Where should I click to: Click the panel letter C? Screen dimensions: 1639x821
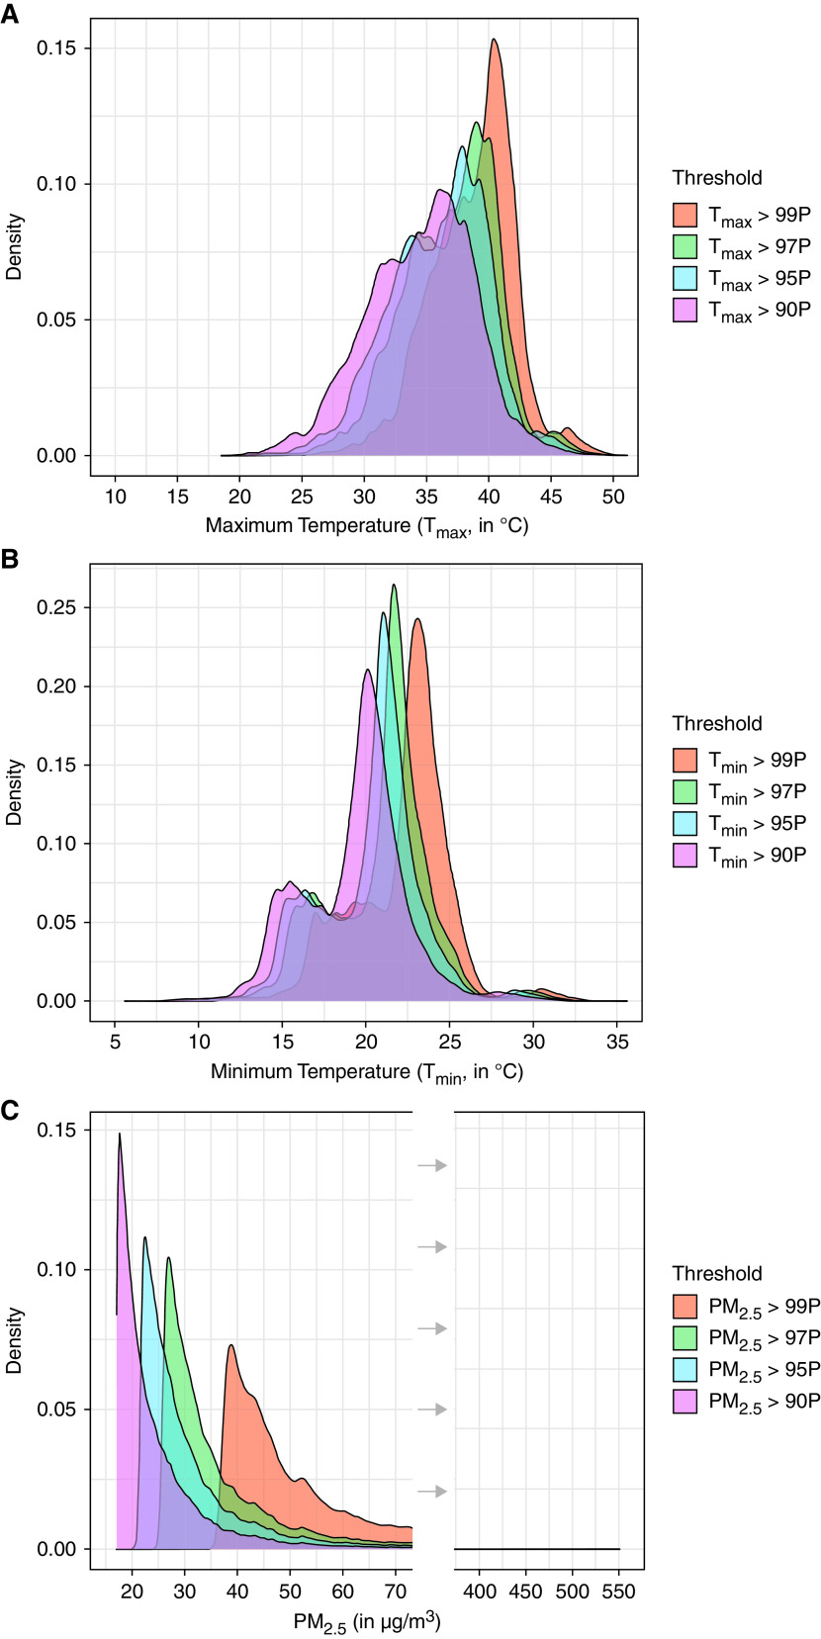10,1110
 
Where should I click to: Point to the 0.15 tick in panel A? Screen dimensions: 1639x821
62,48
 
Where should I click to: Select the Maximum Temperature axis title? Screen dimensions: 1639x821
367,526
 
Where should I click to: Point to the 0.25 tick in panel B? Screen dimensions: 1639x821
62,607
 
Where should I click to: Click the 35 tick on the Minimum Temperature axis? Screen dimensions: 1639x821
617,1041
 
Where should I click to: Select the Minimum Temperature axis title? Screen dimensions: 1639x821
367,1072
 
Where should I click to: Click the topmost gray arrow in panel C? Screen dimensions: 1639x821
432,1166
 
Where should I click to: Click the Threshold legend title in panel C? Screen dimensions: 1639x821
717,1273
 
